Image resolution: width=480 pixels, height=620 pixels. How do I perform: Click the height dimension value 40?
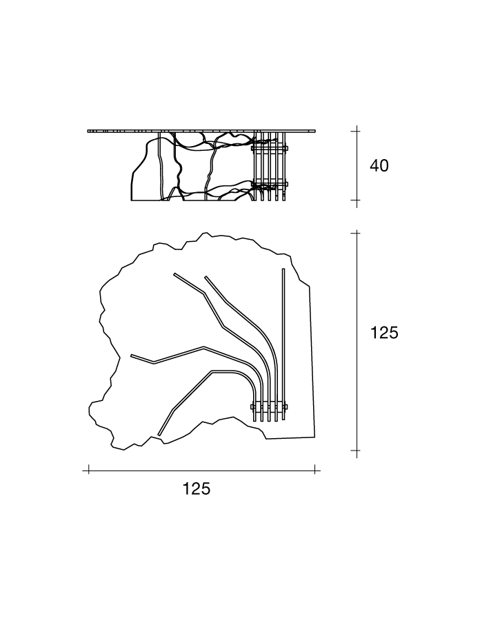[379, 165]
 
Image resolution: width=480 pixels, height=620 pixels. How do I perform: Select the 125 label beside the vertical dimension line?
[384, 333]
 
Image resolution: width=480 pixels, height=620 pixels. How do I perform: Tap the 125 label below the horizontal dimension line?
[197, 488]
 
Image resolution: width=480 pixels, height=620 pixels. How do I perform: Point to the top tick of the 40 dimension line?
[357, 130]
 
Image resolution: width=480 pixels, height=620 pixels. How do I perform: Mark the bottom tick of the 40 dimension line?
[357, 200]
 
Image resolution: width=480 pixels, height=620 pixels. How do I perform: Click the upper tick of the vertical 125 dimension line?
[357, 234]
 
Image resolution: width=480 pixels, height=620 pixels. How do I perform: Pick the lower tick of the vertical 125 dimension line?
[357, 451]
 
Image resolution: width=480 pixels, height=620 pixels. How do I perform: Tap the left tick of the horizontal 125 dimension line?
[89, 471]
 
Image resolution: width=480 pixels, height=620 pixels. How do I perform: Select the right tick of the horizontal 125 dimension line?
[315, 471]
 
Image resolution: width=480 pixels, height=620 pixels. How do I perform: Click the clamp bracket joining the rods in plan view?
[269, 406]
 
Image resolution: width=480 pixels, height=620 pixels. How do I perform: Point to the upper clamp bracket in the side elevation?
[270, 148]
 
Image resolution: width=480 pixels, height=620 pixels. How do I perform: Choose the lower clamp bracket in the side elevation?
[270, 184]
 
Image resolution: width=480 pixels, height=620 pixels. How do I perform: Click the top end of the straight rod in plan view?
[283, 269]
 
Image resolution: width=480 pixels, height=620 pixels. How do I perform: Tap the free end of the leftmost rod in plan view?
[132, 355]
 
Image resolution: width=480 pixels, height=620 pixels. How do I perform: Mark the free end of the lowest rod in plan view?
[159, 435]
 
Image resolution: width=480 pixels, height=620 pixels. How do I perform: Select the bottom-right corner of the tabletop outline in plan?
[315, 437]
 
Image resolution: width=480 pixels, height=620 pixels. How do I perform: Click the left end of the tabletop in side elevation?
[88, 131]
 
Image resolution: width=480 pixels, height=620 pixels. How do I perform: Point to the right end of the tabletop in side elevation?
[315, 130]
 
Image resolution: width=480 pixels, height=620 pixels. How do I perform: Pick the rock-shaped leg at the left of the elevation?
[146, 170]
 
